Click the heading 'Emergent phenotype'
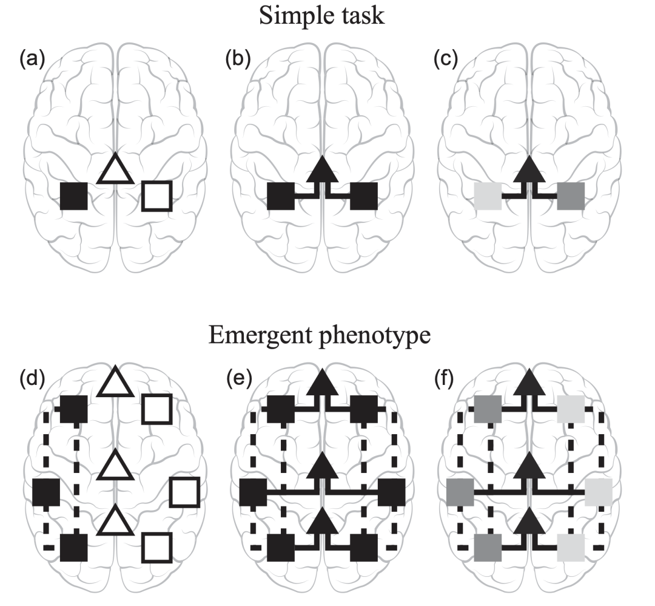click(x=321, y=336)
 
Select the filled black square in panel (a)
click(x=74, y=196)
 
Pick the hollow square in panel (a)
click(x=156, y=196)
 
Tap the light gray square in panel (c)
click(x=488, y=196)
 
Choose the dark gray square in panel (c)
click(x=571, y=196)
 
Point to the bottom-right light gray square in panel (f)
click(x=571, y=547)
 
